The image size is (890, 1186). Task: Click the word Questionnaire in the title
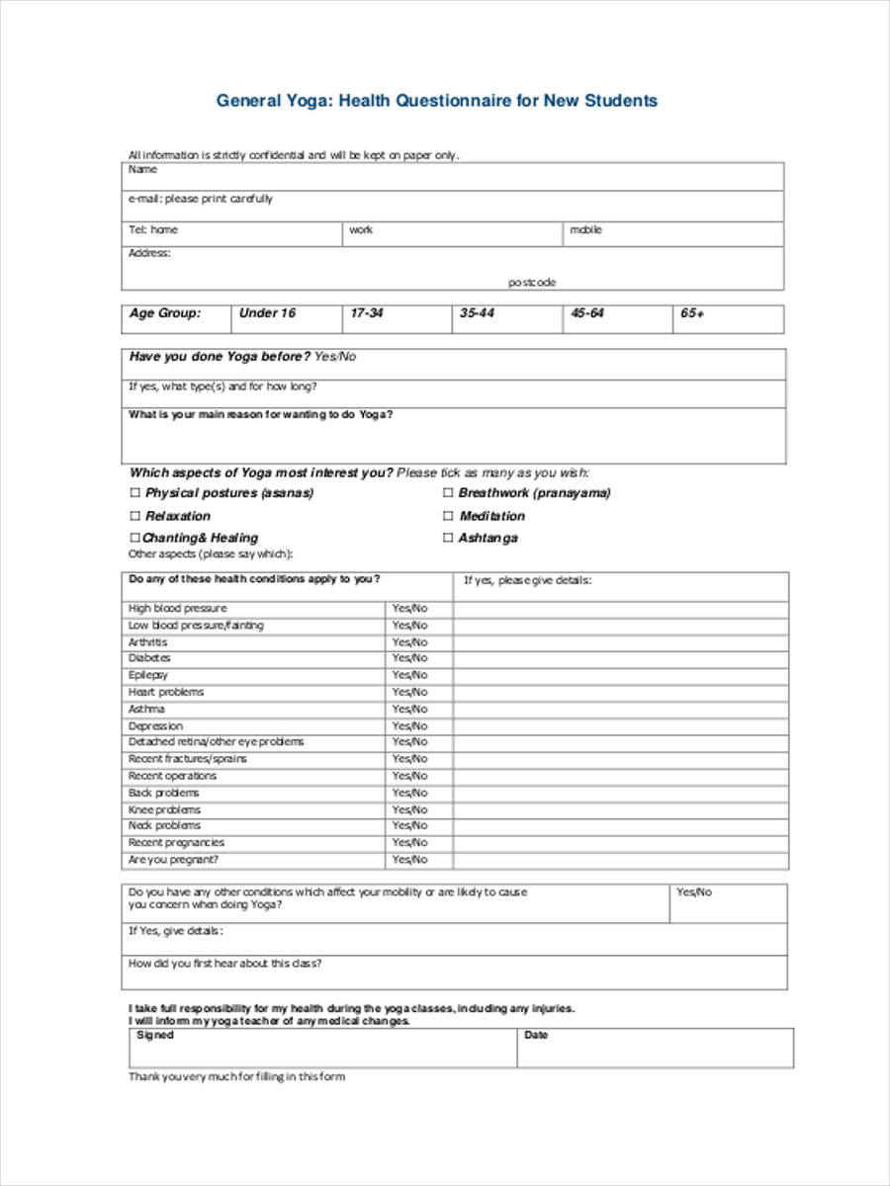tap(452, 101)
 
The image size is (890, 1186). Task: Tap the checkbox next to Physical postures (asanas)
tap(135, 493)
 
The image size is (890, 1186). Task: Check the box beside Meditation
tap(448, 516)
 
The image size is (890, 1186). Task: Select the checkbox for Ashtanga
tap(448, 539)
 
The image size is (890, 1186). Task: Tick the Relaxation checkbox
tap(135, 516)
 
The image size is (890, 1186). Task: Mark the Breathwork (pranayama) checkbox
tap(448, 493)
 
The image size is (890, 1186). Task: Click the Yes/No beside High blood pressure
tap(409, 609)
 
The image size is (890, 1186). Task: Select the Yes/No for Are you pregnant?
tap(409, 860)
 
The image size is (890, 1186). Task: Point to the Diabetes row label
tap(149, 658)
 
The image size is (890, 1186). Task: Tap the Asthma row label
tap(146, 710)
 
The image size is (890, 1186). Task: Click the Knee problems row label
tap(164, 810)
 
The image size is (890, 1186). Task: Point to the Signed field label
tap(154, 1035)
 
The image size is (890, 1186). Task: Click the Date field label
tap(536, 1035)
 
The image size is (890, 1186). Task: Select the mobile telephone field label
tap(585, 230)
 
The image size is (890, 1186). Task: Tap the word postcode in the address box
tap(532, 283)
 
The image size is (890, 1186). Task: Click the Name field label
tap(142, 170)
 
